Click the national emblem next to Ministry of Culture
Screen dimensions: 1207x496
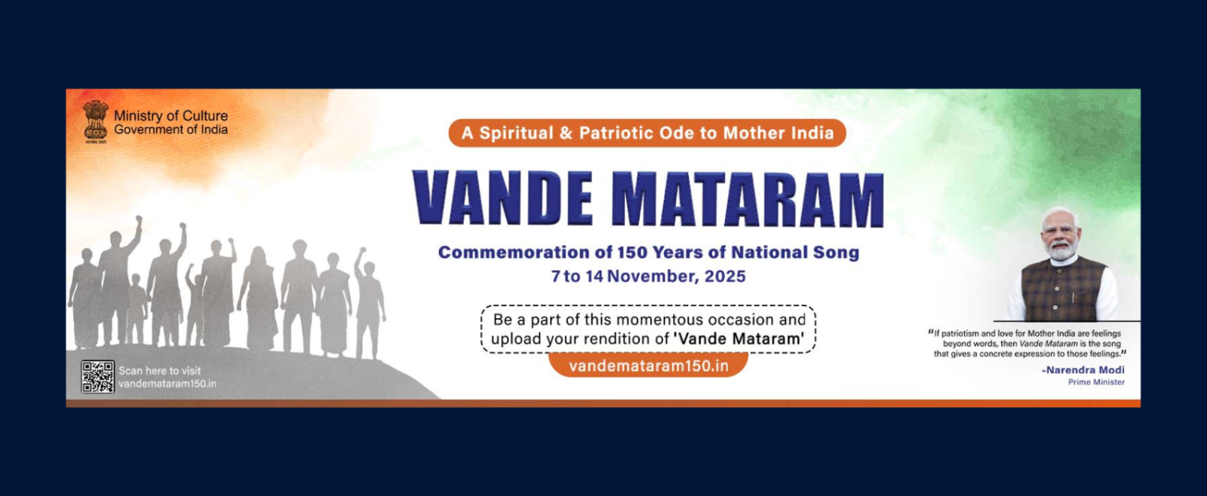coord(95,121)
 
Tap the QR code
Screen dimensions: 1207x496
coord(97,376)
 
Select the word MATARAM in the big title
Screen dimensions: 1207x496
coord(748,199)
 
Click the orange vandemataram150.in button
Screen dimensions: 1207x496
coord(648,366)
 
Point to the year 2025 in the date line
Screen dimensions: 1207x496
coord(725,277)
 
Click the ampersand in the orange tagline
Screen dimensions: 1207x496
coord(566,133)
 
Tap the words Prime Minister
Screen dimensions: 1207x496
coord(1097,382)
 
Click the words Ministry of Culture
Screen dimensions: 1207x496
coord(170,116)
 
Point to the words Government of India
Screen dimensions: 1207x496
coord(170,130)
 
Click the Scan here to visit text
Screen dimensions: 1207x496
coord(159,371)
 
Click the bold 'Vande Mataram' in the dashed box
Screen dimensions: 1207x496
coord(739,338)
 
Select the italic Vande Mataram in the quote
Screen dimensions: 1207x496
coord(1049,344)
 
